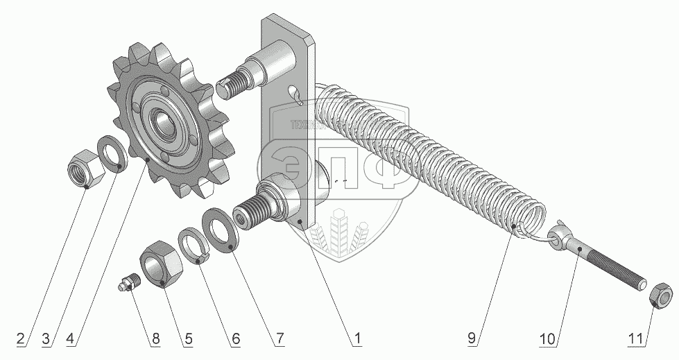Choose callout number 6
click(x=235, y=339)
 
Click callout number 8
click(x=155, y=339)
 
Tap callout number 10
click(x=547, y=339)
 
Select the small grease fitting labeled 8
click(x=128, y=284)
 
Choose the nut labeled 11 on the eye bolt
click(x=659, y=295)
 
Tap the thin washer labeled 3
click(x=112, y=153)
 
